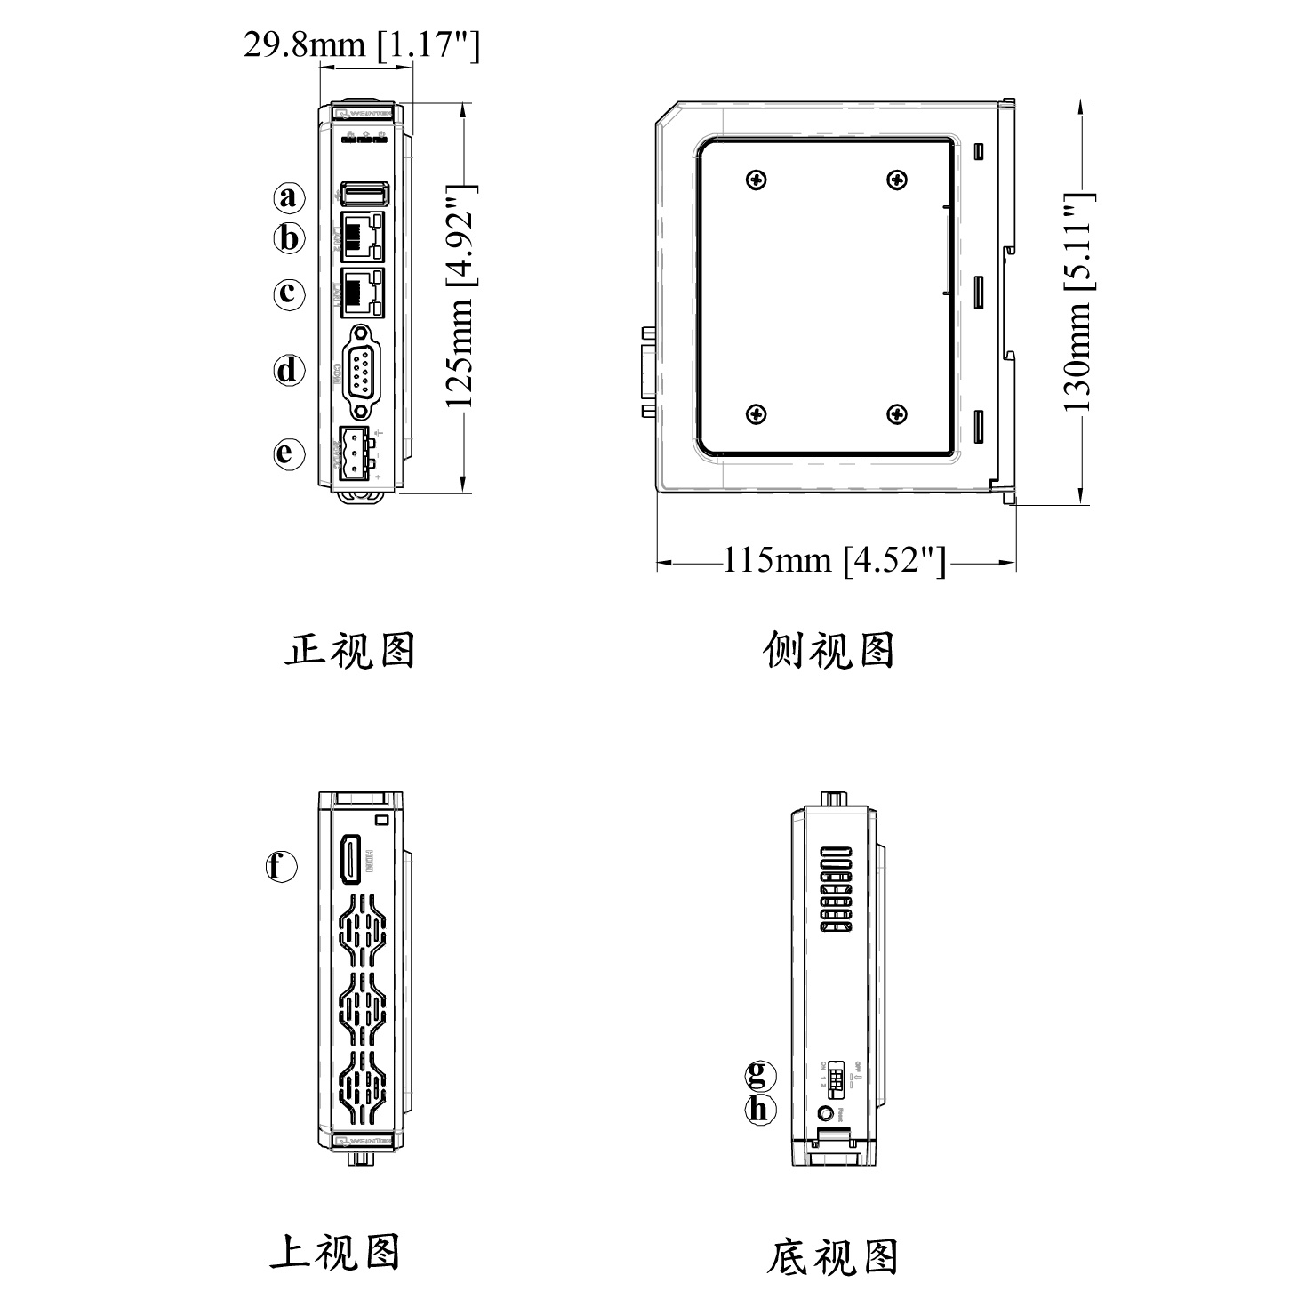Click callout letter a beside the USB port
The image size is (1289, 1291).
coord(288,196)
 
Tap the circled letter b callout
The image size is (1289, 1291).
coord(288,238)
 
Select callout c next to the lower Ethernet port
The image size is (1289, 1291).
coord(288,293)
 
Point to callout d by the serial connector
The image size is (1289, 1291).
coord(288,370)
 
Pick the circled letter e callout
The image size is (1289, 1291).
coord(288,453)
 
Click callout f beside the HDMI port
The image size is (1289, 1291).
coord(282,865)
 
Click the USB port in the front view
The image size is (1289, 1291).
coord(364,193)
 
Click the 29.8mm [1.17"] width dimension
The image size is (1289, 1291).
coord(362,44)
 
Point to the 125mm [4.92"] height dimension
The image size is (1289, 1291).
coord(462,296)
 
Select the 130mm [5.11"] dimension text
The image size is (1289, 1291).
coord(1078,302)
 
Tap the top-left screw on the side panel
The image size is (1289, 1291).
coord(757,180)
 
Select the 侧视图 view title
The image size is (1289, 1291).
coord(829,651)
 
